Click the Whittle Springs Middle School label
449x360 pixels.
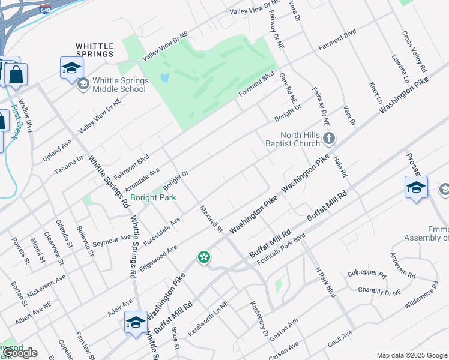[119, 85]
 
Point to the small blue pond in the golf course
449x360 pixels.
[165, 78]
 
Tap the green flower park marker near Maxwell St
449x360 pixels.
[204, 257]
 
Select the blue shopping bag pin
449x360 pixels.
[16, 76]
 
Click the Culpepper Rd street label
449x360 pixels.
[366, 274]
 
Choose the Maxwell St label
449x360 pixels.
[211, 220]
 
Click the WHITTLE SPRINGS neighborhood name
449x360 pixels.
[95, 49]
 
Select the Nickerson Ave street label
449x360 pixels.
[47, 286]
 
